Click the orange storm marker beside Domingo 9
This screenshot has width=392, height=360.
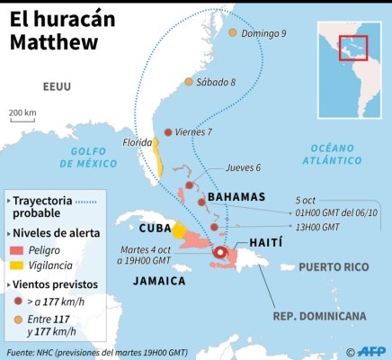click(232, 34)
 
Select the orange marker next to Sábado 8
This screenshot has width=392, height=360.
click(188, 82)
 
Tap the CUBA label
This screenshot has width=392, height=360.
click(155, 228)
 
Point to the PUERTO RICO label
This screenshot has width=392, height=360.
click(334, 266)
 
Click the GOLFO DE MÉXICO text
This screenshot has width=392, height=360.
click(88, 158)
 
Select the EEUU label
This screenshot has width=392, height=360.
click(57, 86)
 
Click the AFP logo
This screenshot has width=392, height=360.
click(370, 351)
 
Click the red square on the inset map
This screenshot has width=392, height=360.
click(352, 47)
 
